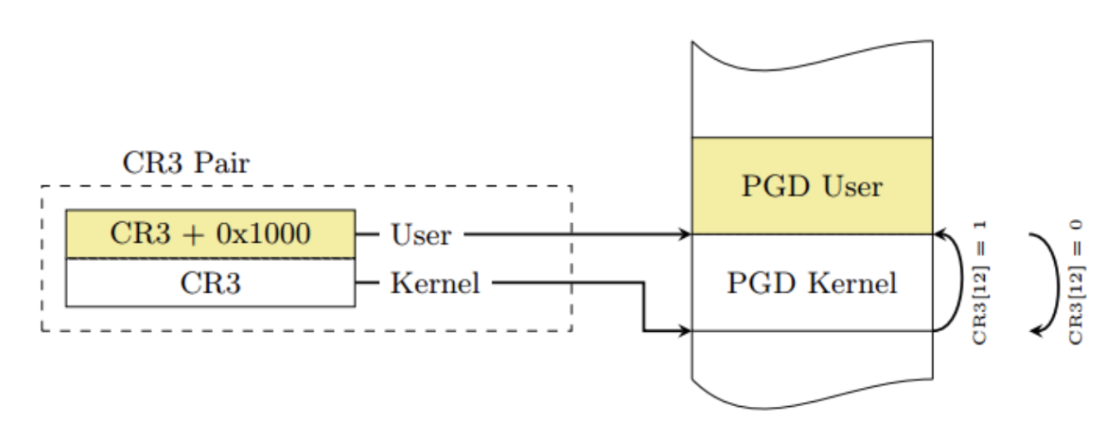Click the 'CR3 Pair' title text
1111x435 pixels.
tap(186, 163)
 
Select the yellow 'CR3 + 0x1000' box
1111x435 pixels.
tap(210, 234)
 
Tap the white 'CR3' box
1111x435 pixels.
tap(210, 283)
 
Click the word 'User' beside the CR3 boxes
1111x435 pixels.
tap(420, 235)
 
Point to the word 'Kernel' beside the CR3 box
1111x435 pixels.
tap(435, 283)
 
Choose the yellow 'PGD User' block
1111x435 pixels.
tap(812, 186)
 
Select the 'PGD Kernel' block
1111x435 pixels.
tap(812, 283)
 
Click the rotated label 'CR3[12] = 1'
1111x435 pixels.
tap(980, 283)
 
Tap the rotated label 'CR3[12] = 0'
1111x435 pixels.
tap(1076, 283)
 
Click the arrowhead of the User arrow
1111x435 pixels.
tap(685, 234)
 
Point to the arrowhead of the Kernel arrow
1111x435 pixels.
tap(685, 330)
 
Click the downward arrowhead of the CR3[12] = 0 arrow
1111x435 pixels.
tap(1036, 330)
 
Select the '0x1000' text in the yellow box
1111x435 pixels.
tap(263, 234)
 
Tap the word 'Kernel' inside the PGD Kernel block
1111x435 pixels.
tap(851, 283)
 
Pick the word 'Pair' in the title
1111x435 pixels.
tap(222, 163)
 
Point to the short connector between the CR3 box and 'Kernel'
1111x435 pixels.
tap(367, 283)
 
